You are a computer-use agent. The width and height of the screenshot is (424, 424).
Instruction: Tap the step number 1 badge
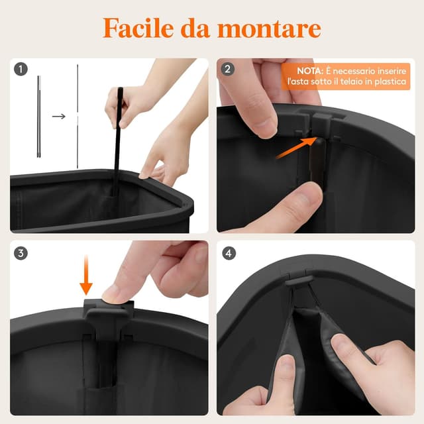coord(21,69)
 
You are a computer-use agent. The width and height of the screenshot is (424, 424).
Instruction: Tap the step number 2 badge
coord(229,69)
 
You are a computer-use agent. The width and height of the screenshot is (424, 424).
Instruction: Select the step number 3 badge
coord(21,253)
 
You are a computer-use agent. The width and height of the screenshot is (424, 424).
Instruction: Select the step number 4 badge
coord(229,253)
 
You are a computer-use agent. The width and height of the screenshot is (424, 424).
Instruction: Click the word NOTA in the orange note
coord(310,70)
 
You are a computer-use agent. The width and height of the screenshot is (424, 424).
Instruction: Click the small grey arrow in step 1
coord(59,117)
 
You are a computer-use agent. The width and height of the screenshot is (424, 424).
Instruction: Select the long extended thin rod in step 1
coord(78,116)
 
